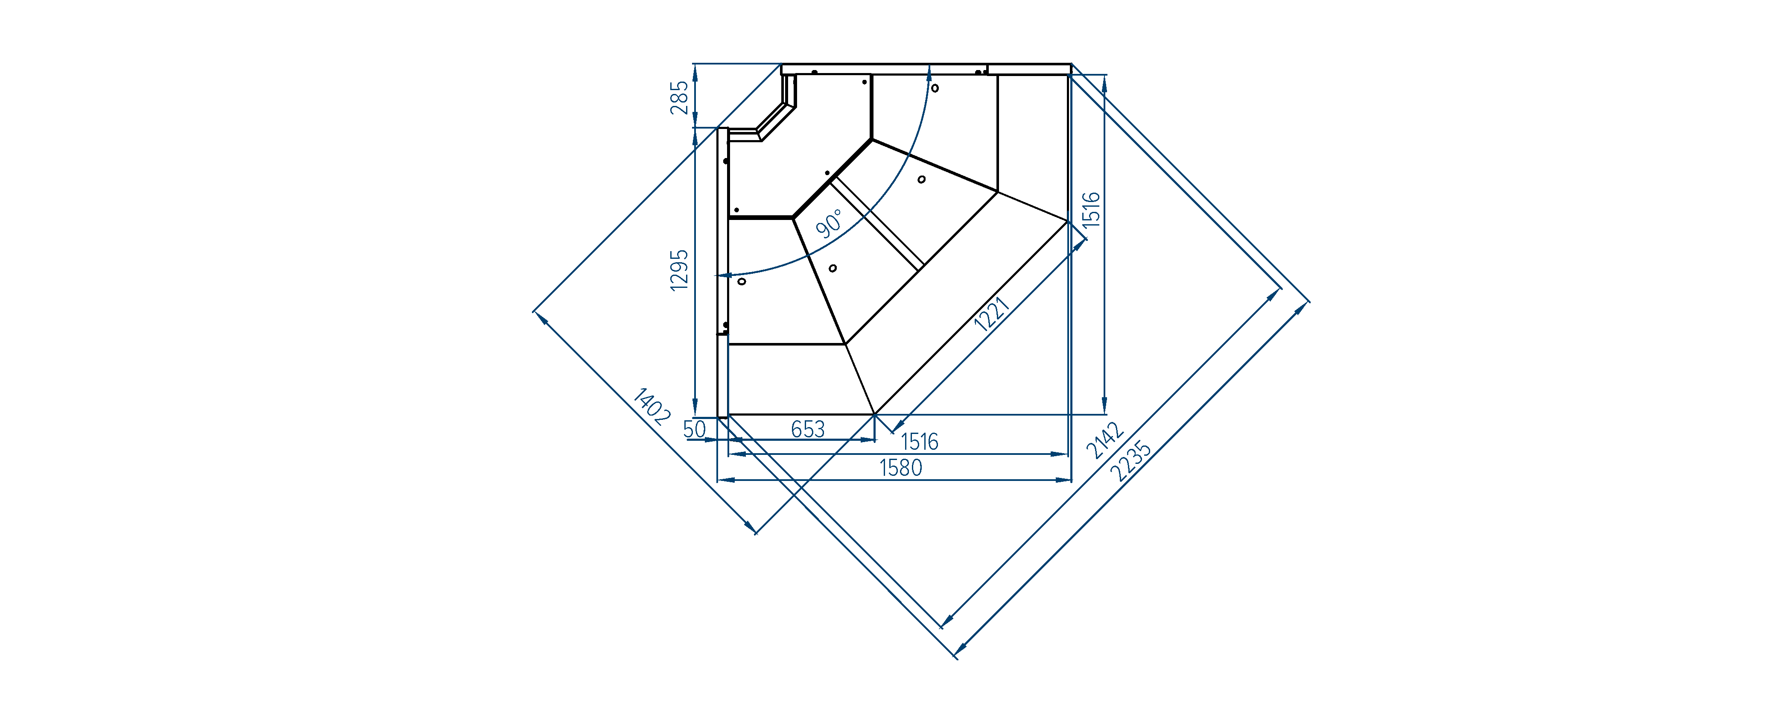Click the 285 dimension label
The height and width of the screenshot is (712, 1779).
pyautogui.click(x=680, y=97)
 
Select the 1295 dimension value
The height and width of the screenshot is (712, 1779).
pyautogui.click(x=680, y=270)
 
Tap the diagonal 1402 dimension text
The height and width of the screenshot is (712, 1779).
pyautogui.click(x=651, y=406)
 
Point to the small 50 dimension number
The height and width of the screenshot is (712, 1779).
pyautogui.click(x=695, y=429)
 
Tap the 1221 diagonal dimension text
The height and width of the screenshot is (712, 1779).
pyautogui.click(x=992, y=314)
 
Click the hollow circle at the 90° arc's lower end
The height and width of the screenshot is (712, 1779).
pyautogui.click(x=742, y=281)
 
